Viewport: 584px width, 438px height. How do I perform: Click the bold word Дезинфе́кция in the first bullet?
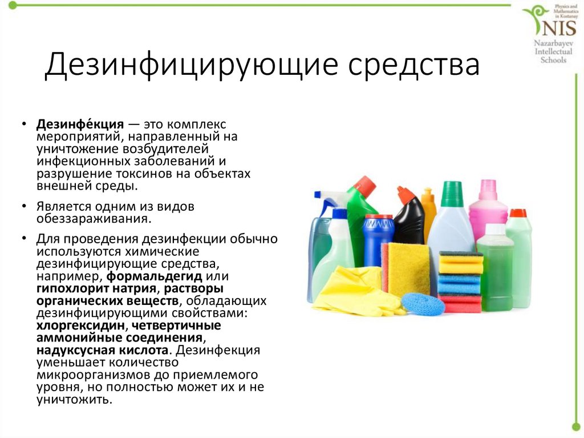coord(80,124)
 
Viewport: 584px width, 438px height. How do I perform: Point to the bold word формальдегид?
coord(154,277)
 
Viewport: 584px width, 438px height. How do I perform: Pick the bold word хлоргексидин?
coord(80,326)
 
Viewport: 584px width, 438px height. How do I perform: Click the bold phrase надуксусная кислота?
coord(103,350)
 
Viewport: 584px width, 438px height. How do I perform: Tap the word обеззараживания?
coord(94,219)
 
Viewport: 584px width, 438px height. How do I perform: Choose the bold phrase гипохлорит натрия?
coord(96,289)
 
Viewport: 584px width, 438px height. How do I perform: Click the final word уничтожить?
coord(74,400)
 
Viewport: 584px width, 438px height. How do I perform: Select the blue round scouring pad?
coord(423,303)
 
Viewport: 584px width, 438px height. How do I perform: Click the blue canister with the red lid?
coord(378,239)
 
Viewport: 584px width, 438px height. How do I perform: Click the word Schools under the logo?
coord(553,60)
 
